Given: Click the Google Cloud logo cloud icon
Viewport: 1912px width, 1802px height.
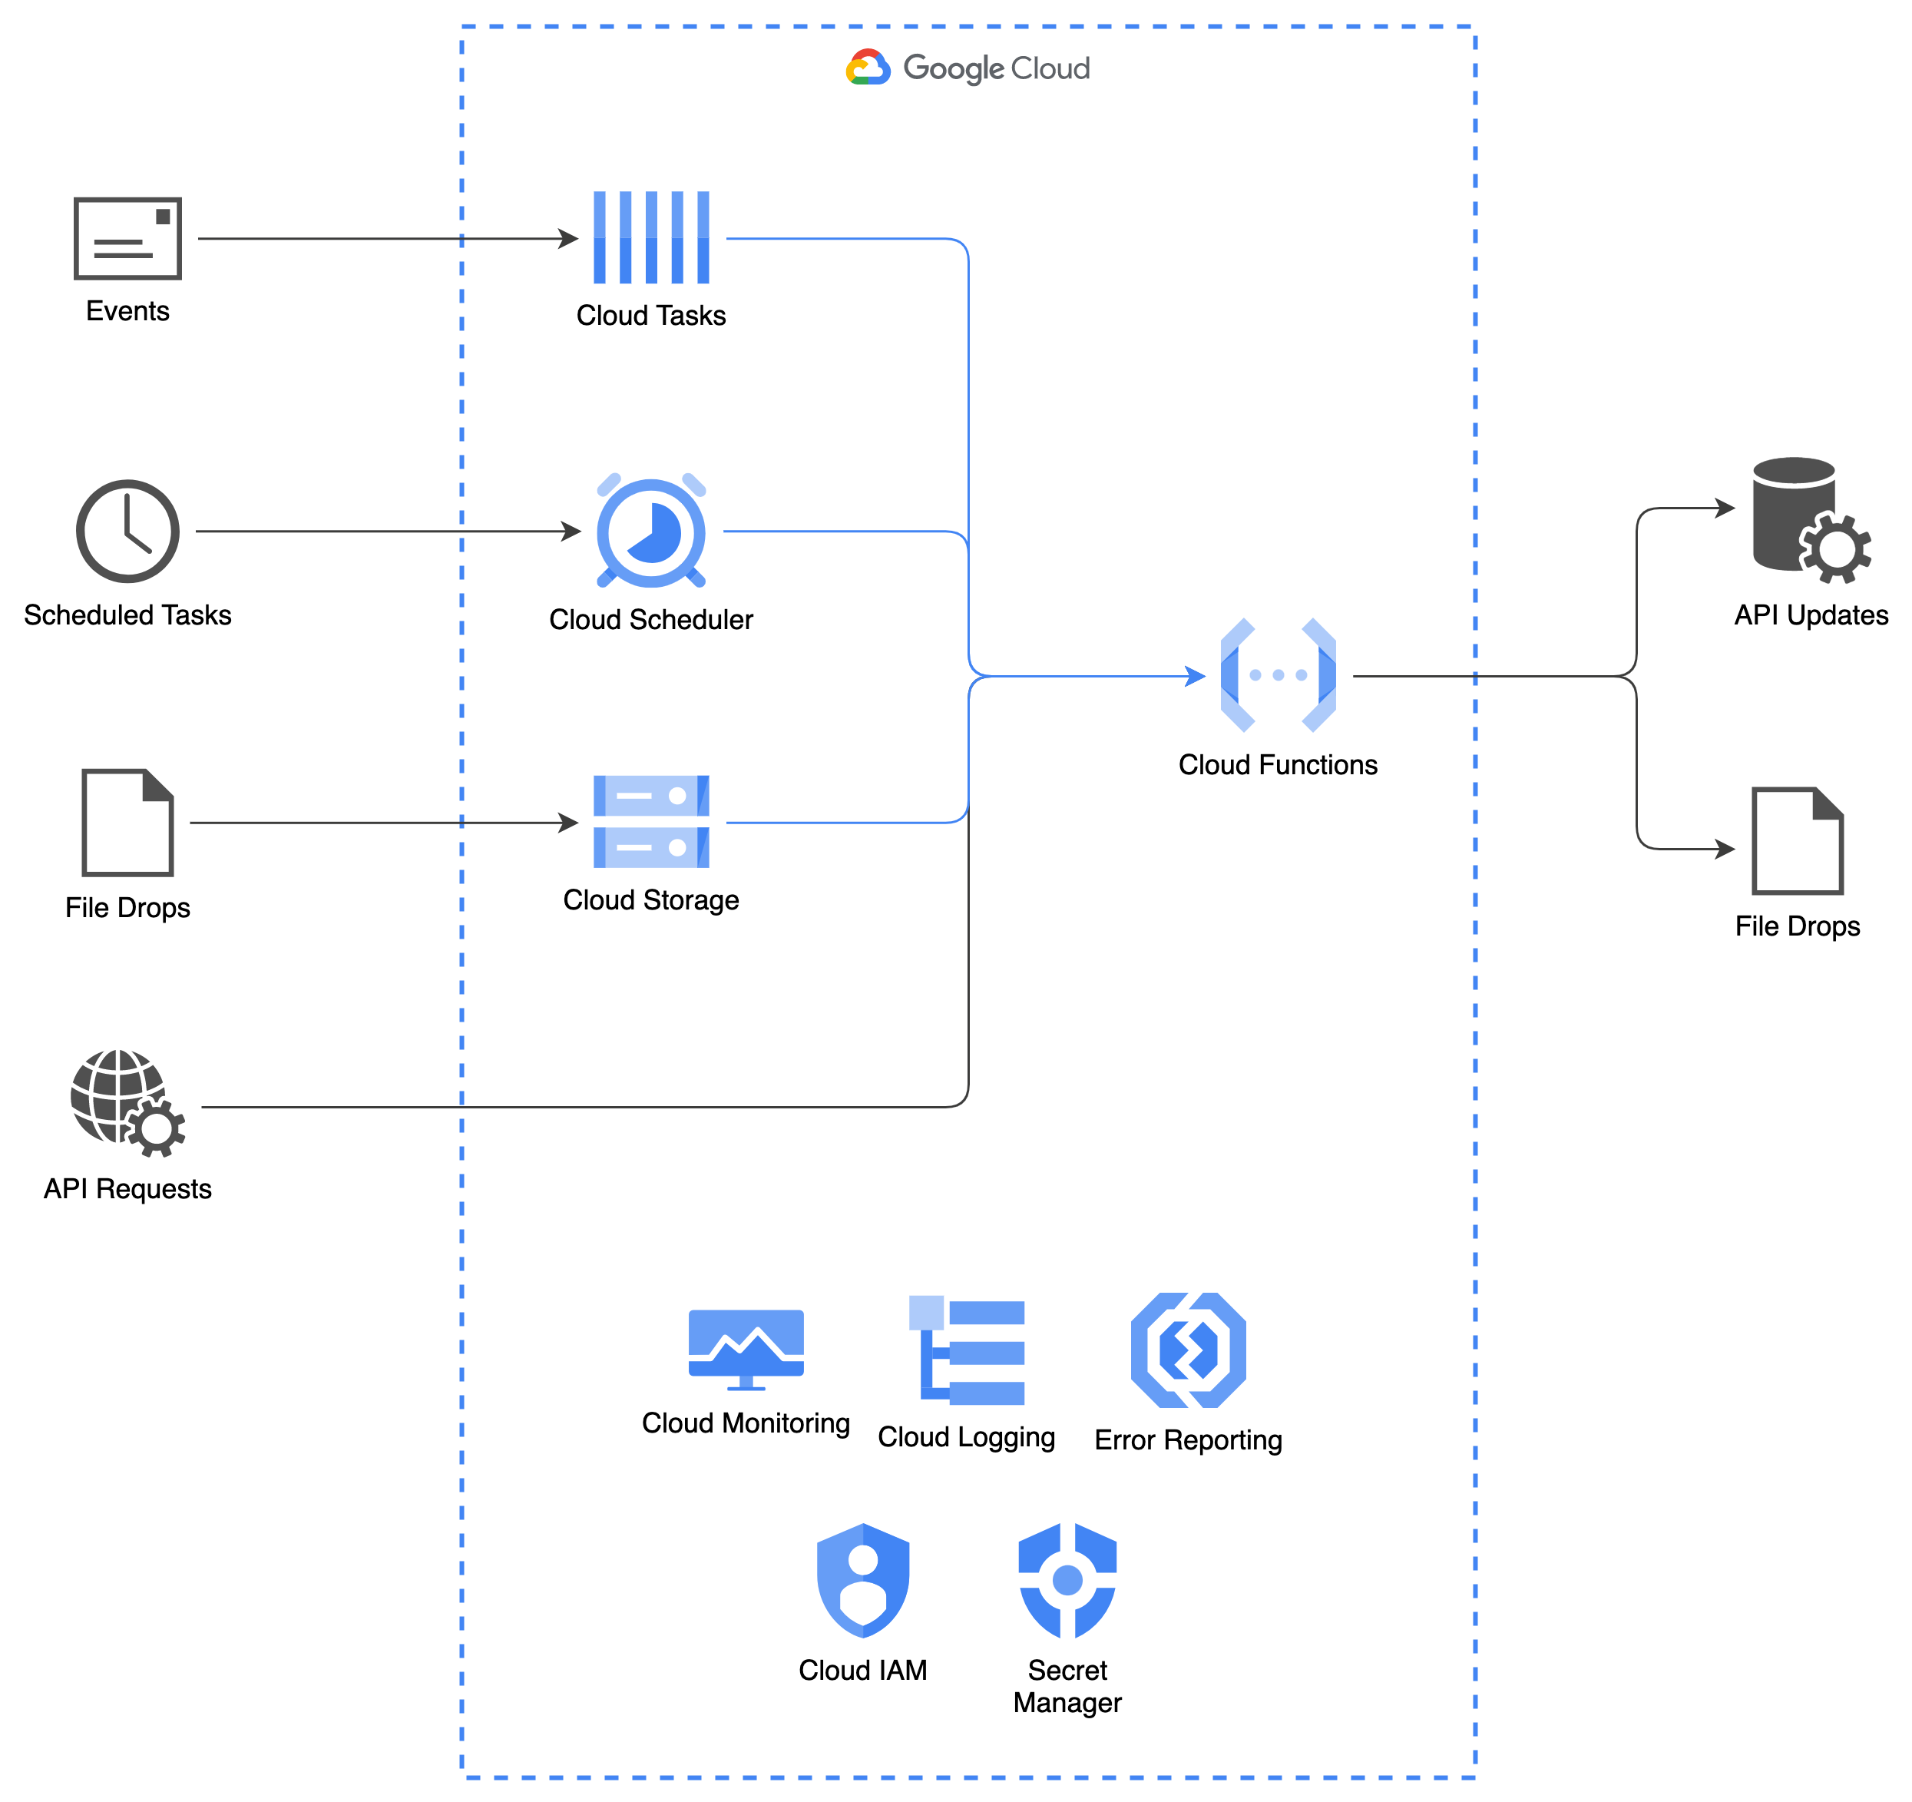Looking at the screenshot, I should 868,68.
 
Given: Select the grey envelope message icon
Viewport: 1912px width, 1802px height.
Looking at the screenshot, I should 128,239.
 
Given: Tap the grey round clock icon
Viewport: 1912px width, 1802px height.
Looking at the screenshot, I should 128,531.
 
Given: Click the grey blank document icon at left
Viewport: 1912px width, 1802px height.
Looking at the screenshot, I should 128,823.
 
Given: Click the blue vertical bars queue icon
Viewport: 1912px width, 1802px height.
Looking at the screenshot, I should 651,237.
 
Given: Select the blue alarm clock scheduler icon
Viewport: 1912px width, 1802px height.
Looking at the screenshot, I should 651,531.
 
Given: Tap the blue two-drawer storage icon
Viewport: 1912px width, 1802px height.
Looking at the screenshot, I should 651,822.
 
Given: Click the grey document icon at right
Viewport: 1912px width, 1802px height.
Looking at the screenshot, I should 1797,841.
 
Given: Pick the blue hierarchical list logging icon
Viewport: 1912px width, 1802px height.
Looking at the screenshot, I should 967,1350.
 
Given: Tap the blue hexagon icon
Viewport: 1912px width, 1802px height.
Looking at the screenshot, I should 1188,1350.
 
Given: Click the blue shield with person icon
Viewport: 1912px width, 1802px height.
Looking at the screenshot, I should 863,1580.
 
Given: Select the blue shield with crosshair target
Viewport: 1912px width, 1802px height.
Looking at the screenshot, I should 1067,1580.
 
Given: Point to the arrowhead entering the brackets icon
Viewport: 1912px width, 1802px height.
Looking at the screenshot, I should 1196,677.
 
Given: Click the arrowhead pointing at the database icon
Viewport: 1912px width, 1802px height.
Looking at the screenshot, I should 1726,507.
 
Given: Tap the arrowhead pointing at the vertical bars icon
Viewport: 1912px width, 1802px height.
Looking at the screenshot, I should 569,239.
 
